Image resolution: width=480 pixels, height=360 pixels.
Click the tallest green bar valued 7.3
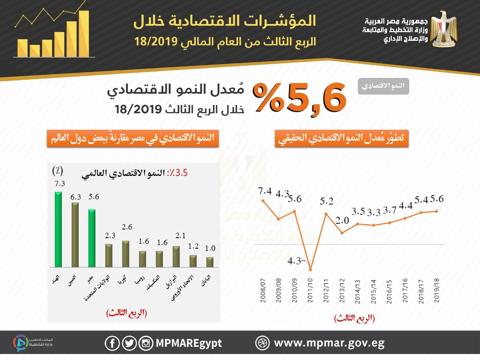click(x=58, y=229)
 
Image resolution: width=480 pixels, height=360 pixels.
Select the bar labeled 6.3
click(x=75, y=235)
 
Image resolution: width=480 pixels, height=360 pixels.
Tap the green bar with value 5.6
click(x=92, y=238)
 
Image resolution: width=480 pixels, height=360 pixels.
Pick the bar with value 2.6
click(x=126, y=254)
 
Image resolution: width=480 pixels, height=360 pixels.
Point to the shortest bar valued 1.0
click(x=210, y=262)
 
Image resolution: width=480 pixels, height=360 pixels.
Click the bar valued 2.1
click(x=176, y=256)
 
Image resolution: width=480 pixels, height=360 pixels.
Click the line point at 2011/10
click(x=310, y=269)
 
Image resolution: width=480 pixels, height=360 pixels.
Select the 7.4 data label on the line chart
click(x=265, y=191)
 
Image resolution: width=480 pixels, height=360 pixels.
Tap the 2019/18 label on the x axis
click(x=436, y=290)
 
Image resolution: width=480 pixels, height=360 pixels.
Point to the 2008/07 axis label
click(x=263, y=290)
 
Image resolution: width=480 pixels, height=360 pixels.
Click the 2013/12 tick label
click(x=342, y=290)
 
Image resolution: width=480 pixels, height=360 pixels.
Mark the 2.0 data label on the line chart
click(x=342, y=220)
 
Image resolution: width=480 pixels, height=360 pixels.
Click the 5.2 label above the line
click(x=326, y=201)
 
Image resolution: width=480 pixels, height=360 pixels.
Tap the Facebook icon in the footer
click(x=112, y=343)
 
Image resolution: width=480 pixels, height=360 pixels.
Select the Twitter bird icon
click(x=129, y=343)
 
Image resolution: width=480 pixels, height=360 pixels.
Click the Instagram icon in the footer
click(x=146, y=343)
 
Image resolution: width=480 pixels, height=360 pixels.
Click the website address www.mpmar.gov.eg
click(x=329, y=343)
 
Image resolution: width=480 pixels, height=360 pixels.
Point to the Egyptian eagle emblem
click(x=444, y=29)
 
